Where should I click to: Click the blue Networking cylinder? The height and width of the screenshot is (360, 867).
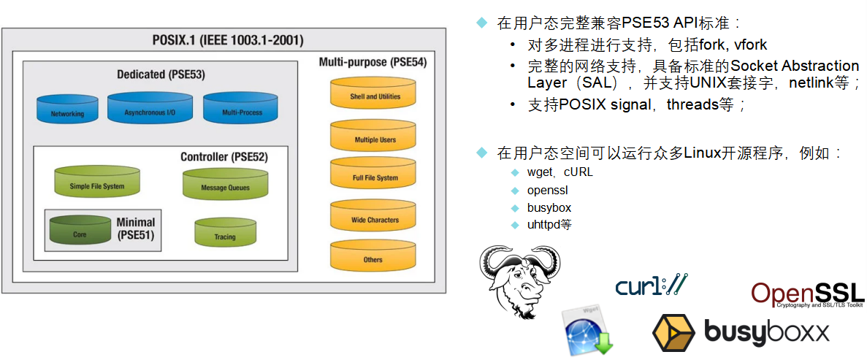pyautogui.click(x=67, y=110)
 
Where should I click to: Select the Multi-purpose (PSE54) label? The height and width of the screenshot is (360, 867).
pyautogui.click(x=373, y=62)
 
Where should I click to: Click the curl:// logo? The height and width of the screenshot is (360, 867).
pyautogui.click(x=651, y=286)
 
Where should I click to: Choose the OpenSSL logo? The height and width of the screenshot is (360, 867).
pyautogui.click(x=807, y=294)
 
